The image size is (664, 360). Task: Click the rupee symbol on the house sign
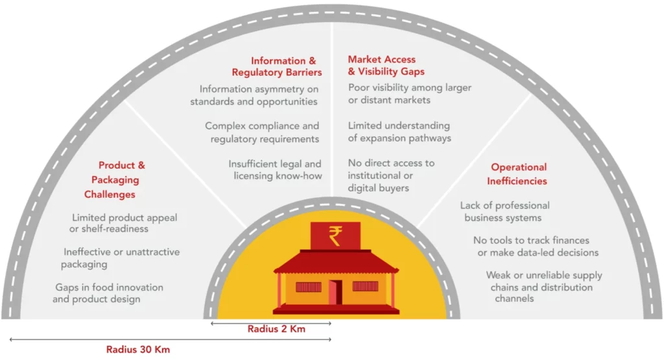[335, 236]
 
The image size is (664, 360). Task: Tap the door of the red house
[336, 292]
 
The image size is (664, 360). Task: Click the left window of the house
[308, 287]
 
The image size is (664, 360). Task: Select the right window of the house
[365, 286]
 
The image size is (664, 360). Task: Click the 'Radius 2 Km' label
[276, 329]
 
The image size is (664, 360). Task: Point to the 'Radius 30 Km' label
[138, 350]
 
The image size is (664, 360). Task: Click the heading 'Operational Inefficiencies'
[517, 174]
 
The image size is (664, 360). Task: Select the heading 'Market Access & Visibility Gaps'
[386, 66]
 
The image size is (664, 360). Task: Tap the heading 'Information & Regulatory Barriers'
[276, 67]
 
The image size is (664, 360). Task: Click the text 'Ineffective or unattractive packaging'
[120, 258]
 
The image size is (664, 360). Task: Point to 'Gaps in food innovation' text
[109, 287]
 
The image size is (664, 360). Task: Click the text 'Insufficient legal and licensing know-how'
[275, 170]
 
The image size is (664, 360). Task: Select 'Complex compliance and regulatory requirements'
[262, 132]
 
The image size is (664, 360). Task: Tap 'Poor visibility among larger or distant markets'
[410, 93]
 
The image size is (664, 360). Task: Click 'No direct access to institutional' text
[391, 169]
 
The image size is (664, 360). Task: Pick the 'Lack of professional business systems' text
[504, 211]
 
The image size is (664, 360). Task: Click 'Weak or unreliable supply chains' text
[544, 282]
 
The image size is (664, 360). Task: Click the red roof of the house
[336, 261]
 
